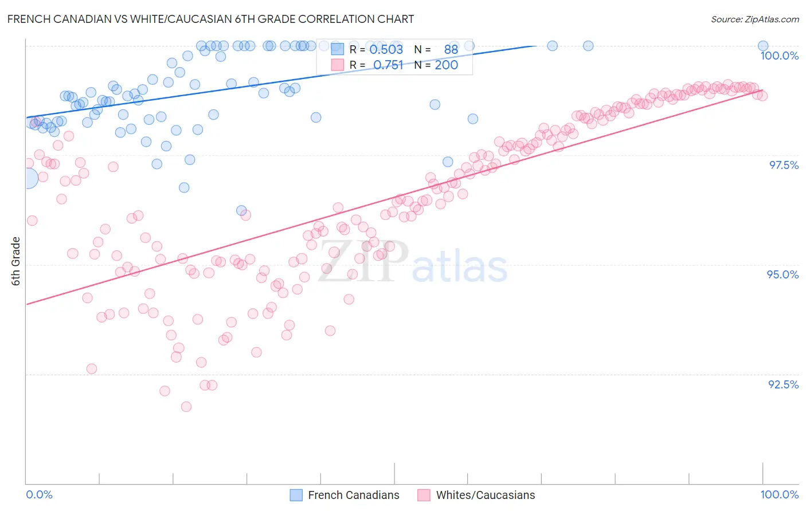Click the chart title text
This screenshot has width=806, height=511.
point(211,19)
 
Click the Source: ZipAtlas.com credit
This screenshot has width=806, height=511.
point(754,19)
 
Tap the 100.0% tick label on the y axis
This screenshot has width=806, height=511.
point(779,56)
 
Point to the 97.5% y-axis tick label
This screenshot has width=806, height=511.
point(783,165)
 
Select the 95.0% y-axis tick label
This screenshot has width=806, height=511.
point(782,274)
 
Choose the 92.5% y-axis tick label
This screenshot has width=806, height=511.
point(783,384)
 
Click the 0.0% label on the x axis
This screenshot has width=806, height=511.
point(40,494)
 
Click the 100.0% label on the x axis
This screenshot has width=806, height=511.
point(779,494)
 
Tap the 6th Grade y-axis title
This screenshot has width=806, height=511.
point(16,261)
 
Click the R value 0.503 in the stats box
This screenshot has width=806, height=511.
point(386,50)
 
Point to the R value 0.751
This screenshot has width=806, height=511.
point(388,65)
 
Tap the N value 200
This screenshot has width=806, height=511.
point(446,65)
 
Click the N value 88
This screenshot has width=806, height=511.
point(451,50)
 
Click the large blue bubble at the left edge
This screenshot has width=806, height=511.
point(27,179)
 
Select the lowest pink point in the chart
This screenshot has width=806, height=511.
point(186,407)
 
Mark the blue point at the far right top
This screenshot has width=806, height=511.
point(763,46)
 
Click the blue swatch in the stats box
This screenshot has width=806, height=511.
point(337,50)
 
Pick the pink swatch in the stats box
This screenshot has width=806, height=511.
point(337,65)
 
